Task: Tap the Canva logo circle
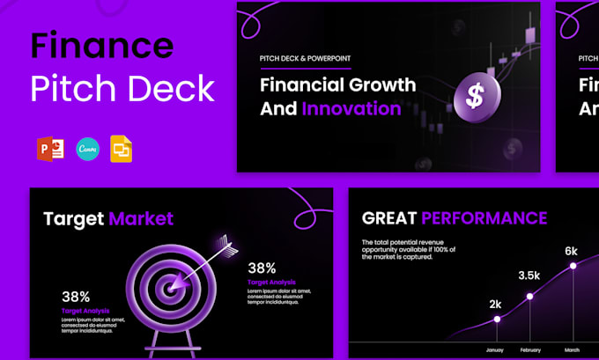(88, 150)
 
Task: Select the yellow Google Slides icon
(122, 150)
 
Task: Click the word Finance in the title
(101, 46)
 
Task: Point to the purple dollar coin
(477, 97)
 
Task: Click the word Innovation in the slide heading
(351, 109)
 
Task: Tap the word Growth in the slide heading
(381, 85)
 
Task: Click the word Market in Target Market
(141, 219)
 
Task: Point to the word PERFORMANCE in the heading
(484, 218)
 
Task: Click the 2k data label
(496, 305)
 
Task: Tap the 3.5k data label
(529, 276)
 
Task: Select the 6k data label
(572, 251)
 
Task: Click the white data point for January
(496, 319)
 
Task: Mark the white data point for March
(573, 265)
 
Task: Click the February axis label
(530, 349)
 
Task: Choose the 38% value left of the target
(76, 298)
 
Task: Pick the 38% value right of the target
(262, 268)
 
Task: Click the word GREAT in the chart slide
(388, 218)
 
